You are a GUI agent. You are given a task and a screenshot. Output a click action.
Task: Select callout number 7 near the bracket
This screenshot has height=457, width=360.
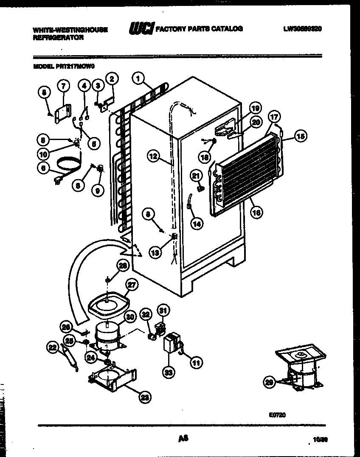(x=63, y=87)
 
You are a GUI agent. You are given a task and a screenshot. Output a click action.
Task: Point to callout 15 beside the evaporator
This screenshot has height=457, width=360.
(x=300, y=136)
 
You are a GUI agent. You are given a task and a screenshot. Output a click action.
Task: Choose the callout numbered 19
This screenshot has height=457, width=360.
(x=254, y=107)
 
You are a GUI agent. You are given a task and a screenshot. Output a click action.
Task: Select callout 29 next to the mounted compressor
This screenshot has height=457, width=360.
(x=268, y=383)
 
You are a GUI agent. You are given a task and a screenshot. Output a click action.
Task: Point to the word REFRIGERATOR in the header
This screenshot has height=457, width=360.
(x=58, y=37)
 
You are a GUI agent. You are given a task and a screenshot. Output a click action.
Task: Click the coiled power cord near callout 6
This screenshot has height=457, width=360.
(x=68, y=163)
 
